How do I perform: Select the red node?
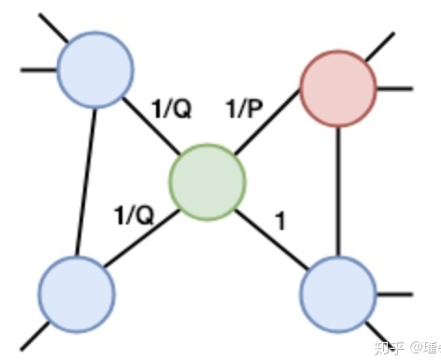coord(337,89)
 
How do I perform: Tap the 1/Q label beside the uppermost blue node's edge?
coord(171,109)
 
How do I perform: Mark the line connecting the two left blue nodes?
coord(86,178)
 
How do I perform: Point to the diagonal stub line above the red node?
coord(381,44)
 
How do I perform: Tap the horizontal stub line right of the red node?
coord(393,90)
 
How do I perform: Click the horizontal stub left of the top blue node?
coord(37,68)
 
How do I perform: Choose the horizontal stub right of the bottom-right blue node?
coord(393,293)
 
